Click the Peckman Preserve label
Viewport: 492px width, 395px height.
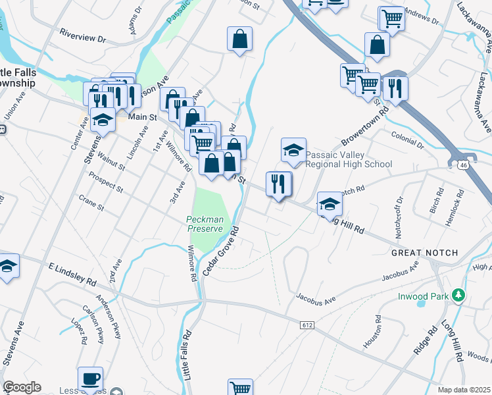pos(207,224)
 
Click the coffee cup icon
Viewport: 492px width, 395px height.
pos(91,379)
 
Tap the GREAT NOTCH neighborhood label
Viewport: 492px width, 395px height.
pos(420,253)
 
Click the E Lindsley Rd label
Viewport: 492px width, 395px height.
pos(72,271)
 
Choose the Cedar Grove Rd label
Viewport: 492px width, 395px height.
pos(220,251)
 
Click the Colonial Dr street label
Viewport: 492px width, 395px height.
pos(408,140)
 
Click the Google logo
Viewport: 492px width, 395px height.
pos(22,388)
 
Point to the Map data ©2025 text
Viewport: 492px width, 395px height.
pos(464,390)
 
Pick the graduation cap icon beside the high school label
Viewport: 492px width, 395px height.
pos(293,149)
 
